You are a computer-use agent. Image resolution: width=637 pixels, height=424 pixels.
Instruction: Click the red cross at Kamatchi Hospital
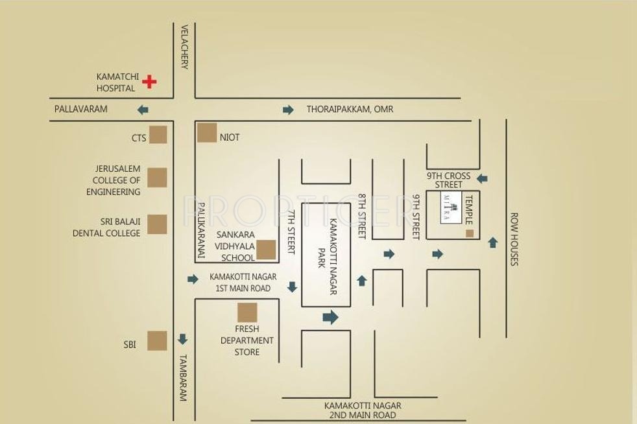click(150, 82)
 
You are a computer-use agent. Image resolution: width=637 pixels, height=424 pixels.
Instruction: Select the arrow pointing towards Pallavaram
click(143, 110)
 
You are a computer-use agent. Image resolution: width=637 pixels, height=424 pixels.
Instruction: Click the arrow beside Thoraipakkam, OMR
click(288, 110)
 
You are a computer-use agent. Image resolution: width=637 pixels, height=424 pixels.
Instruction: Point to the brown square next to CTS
click(157, 135)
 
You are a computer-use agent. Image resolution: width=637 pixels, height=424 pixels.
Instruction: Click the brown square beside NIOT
click(207, 132)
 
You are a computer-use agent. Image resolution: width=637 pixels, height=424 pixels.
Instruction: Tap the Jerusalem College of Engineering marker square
click(157, 178)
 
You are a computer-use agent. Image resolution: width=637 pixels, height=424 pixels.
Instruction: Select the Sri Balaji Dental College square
click(157, 224)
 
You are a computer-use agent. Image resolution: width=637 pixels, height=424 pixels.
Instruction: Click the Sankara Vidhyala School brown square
click(266, 250)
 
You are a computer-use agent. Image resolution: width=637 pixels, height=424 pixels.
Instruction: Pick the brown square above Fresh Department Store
click(246, 312)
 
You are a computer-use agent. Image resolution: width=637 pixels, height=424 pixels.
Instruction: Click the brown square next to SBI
click(157, 341)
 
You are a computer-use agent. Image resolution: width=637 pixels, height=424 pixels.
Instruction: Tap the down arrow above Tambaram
click(183, 339)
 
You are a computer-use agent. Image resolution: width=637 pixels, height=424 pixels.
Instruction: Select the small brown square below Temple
click(470, 233)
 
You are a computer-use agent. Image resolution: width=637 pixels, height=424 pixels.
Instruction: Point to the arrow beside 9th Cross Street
click(482, 178)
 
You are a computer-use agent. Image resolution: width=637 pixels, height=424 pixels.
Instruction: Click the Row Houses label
click(514, 239)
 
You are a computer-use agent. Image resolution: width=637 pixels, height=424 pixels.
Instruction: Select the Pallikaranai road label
click(201, 231)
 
